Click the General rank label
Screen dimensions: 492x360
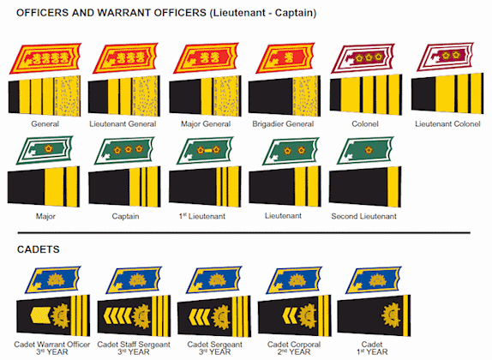[45, 124]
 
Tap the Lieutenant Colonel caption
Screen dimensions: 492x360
[447, 124]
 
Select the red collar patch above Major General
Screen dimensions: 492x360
[207, 58]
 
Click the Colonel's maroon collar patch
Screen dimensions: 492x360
[363, 58]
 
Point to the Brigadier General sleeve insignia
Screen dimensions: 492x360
[285, 96]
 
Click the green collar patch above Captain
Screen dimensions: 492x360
[125, 151]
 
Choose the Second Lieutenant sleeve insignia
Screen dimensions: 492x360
[365, 187]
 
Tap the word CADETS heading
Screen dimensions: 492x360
[39, 249]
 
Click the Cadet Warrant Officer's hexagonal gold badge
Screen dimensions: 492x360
[40, 315]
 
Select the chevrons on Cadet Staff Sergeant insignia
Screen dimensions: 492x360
[117, 315]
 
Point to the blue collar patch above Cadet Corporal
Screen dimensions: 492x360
[294, 280]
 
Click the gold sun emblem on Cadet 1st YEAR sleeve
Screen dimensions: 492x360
[391, 315]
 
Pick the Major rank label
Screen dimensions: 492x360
[45, 216]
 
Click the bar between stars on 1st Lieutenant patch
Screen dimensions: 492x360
[208, 151]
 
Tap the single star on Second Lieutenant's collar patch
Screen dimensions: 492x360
[369, 150]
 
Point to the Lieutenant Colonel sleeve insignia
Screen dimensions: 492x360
[447, 93]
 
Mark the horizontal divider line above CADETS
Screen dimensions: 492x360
[243, 233]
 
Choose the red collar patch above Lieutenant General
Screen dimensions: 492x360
[126, 58]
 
